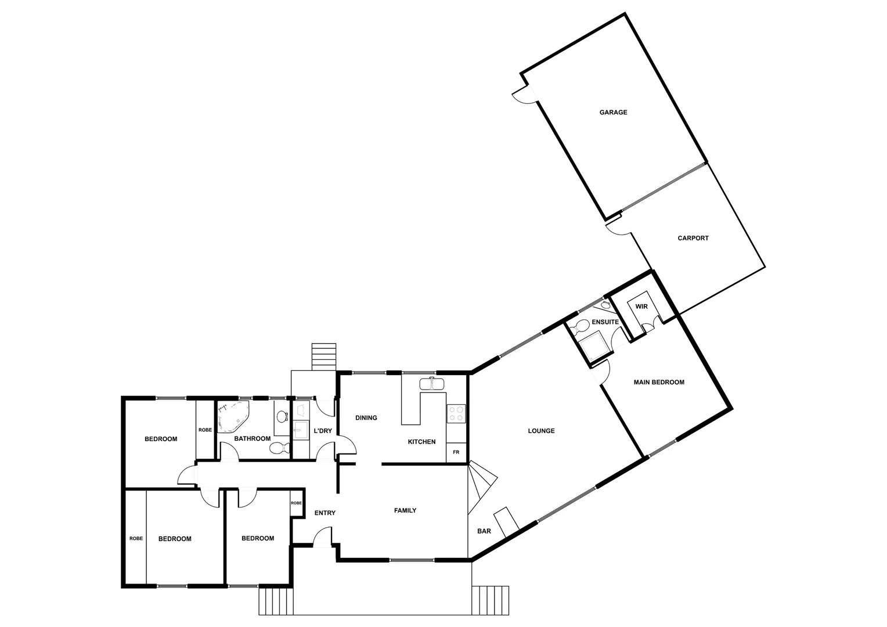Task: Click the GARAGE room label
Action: pyautogui.click(x=613, y=113)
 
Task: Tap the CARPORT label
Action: pyautogui.click(x=693, y=238)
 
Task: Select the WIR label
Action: pyautogui.click(x=641, y=307)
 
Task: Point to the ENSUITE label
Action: pyautogui.click(x=605, y=322)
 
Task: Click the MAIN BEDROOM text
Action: pyautogui.click(x=658, y=382)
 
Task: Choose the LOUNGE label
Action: pyautogui.click(x=541, y=431)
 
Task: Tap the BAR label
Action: pyautogui.click(x=484, y=531)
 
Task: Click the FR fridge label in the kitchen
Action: pyautogui.click(x=456, y=452)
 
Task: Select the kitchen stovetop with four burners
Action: pyautogui.click(x=456, y=413)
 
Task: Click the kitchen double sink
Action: pyautogui.click(x=432, y=384)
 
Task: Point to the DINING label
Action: pyautogui.click(x=366, y=417)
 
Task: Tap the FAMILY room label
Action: pyautogui.click(x=405, y=511)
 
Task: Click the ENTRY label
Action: pyautogui.click(x=324, y=513)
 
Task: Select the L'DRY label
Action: pyautogui.click(x=322, y=431)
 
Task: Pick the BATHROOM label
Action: pyautogui.click(x=252, y=438)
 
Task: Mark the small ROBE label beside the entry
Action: pyautogui.click(x=296, y=503)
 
